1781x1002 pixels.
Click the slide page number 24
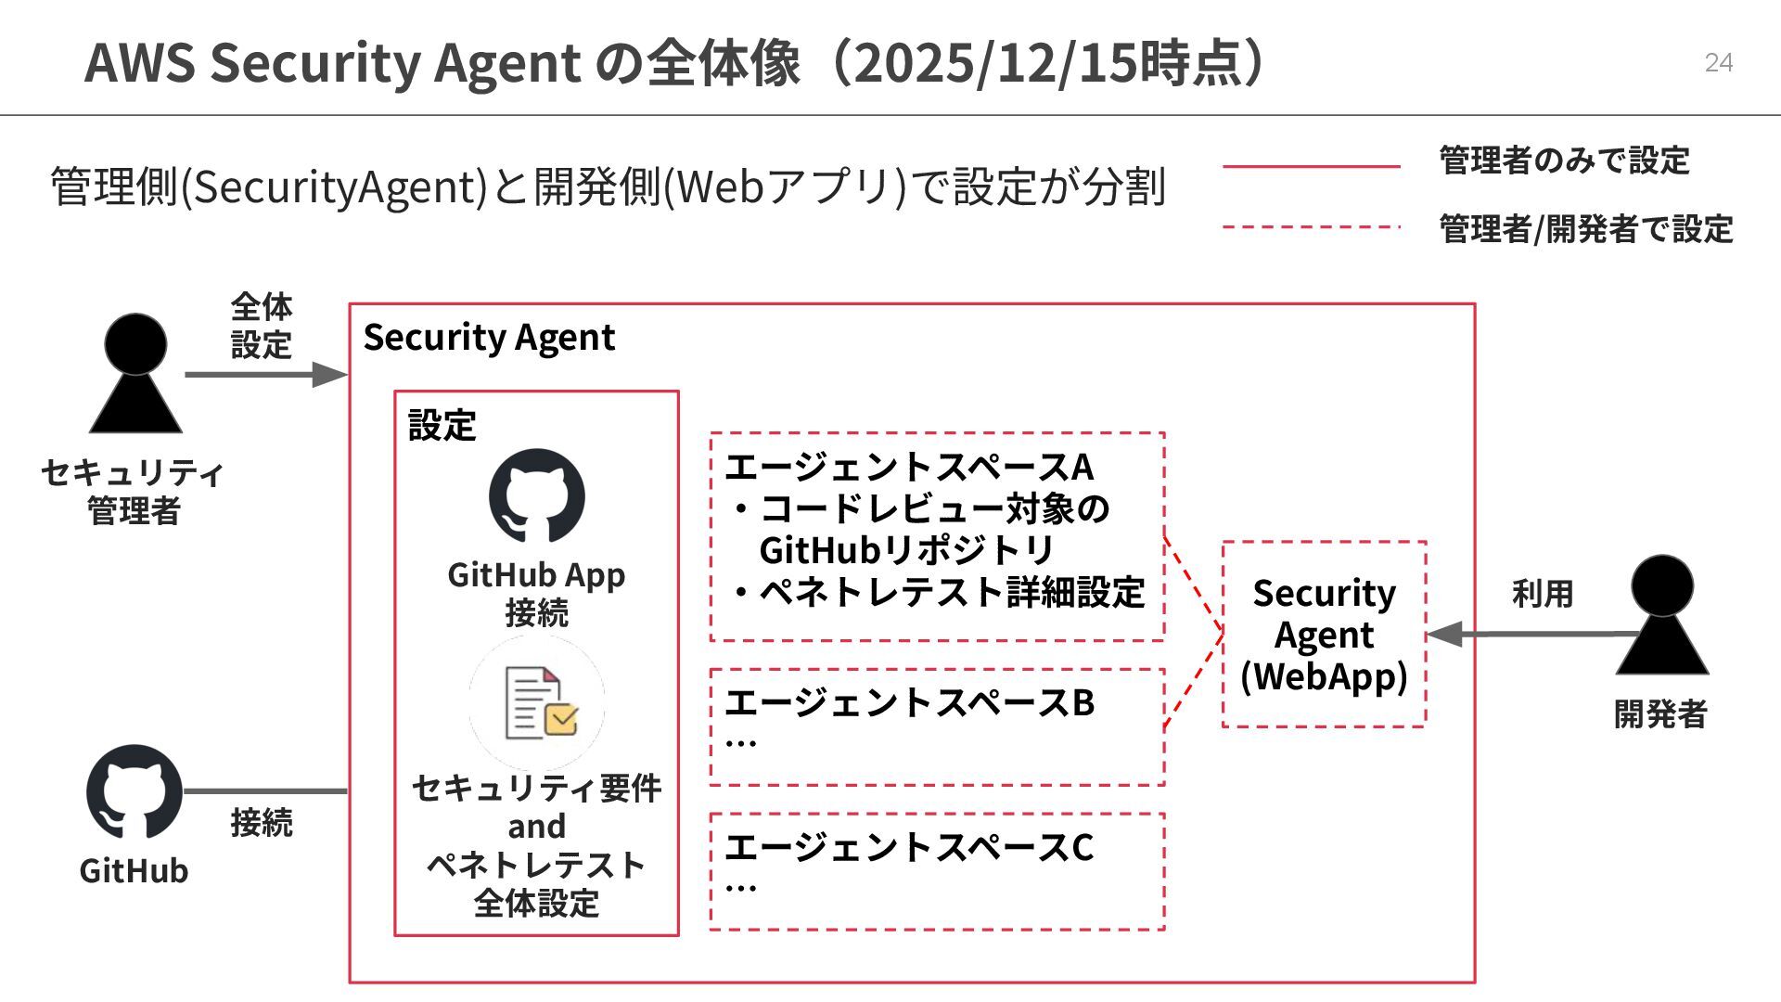click(x=1718, y=62)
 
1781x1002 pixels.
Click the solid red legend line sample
click(x=1311, y=167)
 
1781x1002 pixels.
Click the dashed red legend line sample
click(x=1311, y=226)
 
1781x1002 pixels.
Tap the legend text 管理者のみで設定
click(x=1564, y=161)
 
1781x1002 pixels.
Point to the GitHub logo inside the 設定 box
click(x=537, y=495)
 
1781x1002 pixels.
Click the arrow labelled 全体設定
click(x=266, y=375)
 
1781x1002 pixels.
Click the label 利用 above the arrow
click(x=1543, y=594)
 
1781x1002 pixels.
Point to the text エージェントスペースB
click(x=909, y=702)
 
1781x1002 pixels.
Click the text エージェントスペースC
click(x=909, y=847)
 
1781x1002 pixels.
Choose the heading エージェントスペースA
click(x=909, y=467)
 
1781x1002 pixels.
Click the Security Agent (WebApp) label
click(x=1324, y=635)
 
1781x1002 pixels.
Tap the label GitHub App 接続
click(x=536, y=594)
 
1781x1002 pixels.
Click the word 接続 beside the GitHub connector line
click(x=262, y=822)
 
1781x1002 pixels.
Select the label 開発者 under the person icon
click(x=1660, y=714)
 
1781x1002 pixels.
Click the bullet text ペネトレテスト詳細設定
click(x=952, y=592)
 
